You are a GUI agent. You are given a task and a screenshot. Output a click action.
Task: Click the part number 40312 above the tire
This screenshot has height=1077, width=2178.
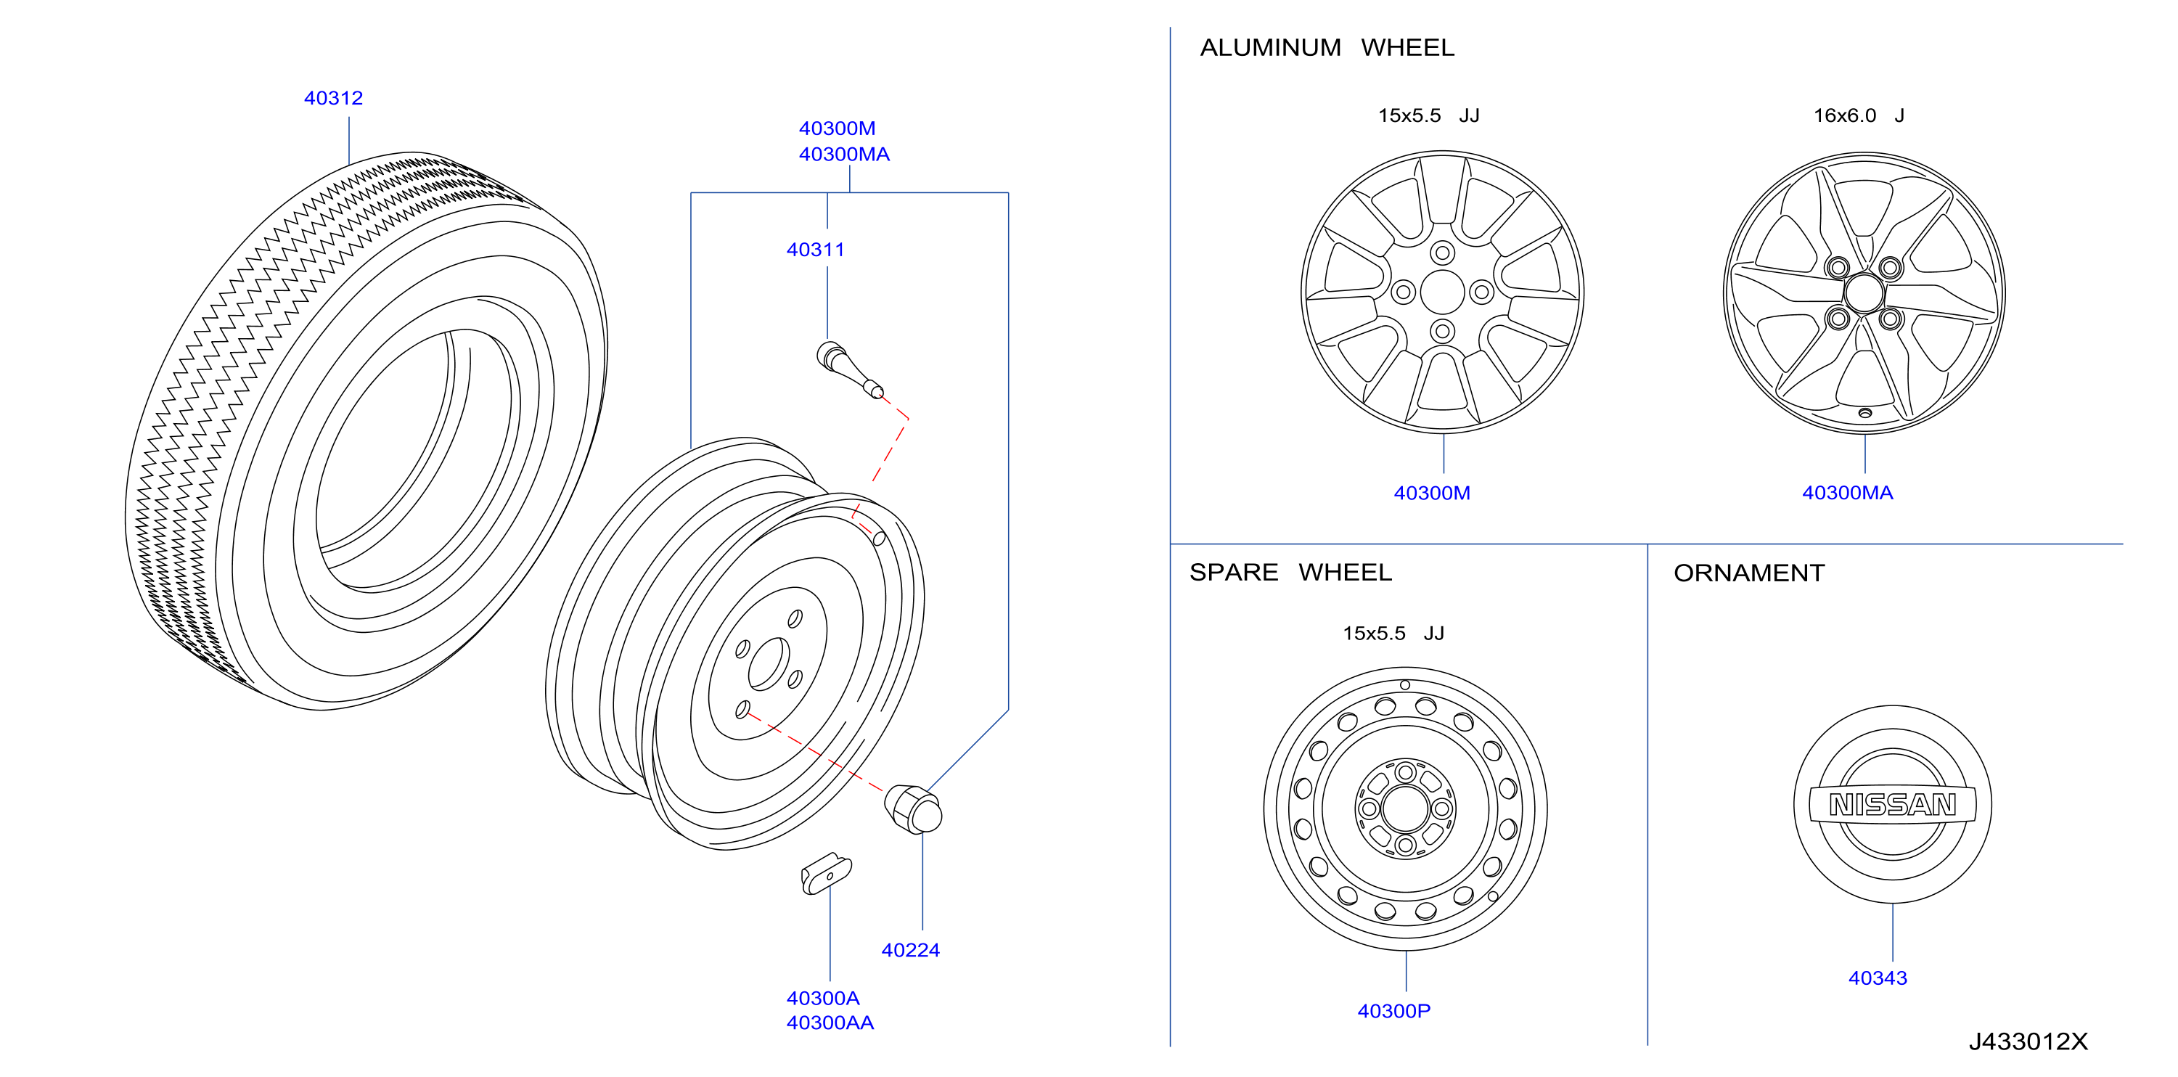(x=333, y=98)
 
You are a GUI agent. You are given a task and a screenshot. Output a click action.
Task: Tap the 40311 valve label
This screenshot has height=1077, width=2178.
(x=815, y=250)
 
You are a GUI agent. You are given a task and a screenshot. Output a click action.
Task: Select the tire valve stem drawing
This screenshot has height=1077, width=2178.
(x=850, y=369)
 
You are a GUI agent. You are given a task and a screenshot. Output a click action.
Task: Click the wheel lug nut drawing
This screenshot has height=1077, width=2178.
(x=912, y=809)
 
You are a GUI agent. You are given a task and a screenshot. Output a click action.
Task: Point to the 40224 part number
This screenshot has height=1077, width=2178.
(x=910, y=950)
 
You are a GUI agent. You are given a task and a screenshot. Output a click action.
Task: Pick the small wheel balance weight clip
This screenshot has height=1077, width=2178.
(x=826, y=873)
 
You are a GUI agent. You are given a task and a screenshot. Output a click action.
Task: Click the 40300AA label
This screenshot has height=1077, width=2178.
(x=830, y=1023)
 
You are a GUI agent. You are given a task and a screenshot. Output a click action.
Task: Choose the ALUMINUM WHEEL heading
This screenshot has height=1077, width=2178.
(x=1327, y=47)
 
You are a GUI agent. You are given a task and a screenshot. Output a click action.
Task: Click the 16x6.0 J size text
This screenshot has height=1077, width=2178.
(x=1859, y=115)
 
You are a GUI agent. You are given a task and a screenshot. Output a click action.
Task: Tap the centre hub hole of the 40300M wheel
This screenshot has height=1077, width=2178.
(x=1442, y=292)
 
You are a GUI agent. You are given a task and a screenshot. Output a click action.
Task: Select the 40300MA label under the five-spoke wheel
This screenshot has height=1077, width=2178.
(x=1847, y=493)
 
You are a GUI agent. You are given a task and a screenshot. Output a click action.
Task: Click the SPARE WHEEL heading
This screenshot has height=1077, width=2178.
(x=1290, y=573)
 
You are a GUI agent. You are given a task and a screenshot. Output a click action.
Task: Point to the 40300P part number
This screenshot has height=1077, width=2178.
(x=1393, y=1011)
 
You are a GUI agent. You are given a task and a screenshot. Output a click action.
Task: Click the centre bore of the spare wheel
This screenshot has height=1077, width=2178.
(x=1405, y=809)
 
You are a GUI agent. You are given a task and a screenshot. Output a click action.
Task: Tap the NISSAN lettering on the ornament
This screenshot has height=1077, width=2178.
(x=1892, y=805)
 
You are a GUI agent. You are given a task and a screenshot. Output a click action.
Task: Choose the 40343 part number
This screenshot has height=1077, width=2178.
(x=1877, y=978)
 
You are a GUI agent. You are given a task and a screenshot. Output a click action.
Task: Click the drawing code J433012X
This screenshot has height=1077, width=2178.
(x=2028, y=1041)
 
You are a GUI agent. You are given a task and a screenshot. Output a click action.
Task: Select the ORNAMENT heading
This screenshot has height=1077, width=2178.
(x=1748, y=573)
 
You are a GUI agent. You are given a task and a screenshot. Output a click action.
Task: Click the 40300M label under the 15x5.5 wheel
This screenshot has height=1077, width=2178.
(x=1431, y=493)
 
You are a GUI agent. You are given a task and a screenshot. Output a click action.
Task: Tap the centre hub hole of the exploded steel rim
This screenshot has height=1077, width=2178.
(x=769, y=663)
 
